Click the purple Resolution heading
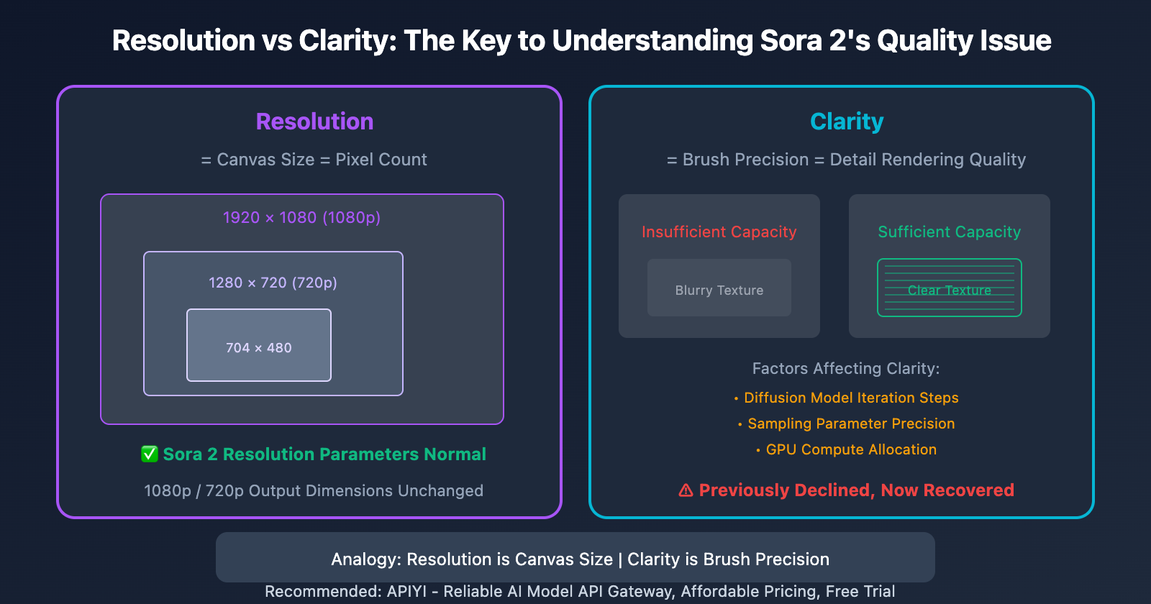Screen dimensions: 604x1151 point(314,122)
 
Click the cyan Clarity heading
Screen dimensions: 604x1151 point(847,122)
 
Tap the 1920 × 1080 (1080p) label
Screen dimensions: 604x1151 point(301,217)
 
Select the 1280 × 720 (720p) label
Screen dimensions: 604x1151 point(273,283)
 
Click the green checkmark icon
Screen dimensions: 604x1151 point(150,454)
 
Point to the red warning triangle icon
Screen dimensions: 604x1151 point(686,490)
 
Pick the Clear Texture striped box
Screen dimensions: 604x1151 point(950,288)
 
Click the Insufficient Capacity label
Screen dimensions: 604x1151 point(719,232)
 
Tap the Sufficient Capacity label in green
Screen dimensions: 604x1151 point(950,232)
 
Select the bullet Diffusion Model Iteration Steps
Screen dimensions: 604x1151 point(851,398)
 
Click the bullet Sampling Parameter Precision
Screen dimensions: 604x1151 point(851,424)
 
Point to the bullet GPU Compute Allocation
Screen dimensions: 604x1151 point(851,449)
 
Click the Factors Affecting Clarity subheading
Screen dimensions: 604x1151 point(846,368)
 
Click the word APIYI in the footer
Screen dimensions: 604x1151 point(406,591)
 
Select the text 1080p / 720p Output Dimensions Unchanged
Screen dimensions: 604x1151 point(314,490)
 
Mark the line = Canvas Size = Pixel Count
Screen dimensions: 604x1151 point(314,160)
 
